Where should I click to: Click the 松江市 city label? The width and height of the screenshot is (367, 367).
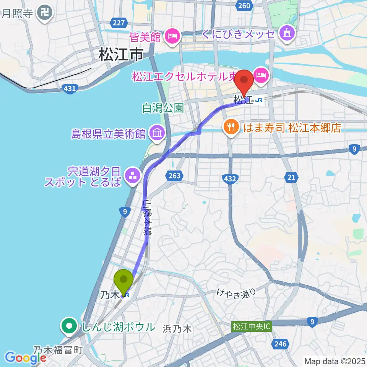[121, 55]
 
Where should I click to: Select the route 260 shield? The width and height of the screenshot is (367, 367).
[244, 5]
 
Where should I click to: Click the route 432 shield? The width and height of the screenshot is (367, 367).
[230, 178]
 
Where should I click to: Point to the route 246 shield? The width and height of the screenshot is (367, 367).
[281, 344]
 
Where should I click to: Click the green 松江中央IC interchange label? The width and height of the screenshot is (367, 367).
[251, 327]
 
